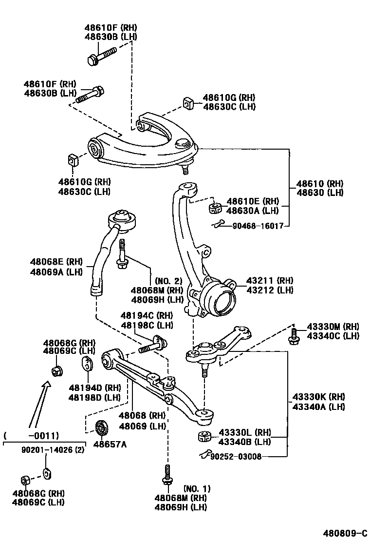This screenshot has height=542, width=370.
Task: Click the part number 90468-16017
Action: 258,226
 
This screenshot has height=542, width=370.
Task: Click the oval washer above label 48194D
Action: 88,364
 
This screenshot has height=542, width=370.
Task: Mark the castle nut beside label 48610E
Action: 215,208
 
